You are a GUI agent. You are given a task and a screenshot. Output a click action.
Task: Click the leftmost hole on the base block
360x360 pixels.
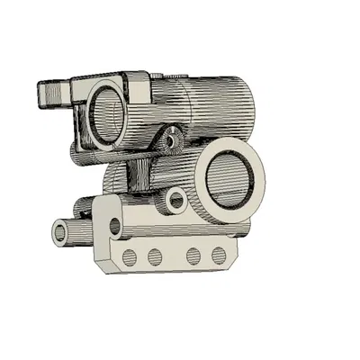[x=129, y=258]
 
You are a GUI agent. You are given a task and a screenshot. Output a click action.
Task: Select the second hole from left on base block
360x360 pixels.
[x=155, y=257]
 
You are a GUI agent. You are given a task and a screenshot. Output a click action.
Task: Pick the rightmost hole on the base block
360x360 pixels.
[x=219, y=256]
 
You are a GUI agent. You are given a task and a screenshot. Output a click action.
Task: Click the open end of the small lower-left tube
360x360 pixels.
[x=60, y=233]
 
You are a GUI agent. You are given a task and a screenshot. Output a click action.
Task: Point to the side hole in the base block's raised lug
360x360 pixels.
[x=114, y=225]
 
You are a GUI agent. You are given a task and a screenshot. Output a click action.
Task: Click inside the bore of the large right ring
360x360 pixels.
[x=226, y=177]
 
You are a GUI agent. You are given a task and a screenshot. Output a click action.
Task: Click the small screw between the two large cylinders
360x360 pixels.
[x=168, y=139]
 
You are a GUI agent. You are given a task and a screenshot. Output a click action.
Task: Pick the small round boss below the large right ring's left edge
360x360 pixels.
[x=176, y=200]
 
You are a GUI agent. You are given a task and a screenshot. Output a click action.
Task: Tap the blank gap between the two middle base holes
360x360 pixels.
[x=175, y=257]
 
